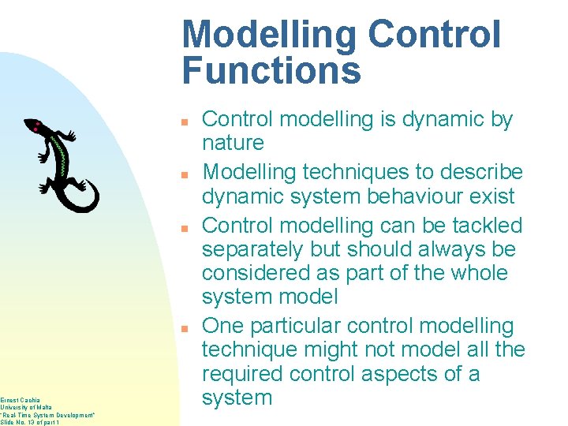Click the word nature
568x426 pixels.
click(233, 143)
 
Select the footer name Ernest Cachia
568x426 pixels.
click(21, 399)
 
